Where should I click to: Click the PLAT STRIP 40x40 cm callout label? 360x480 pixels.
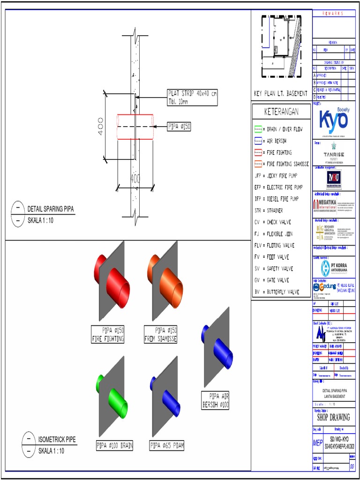(x=192, y=97)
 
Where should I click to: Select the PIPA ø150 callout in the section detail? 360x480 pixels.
(x=179, y=126)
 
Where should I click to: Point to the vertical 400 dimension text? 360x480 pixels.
(x=101, y=127)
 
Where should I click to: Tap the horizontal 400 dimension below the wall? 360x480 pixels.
(x=135, y=179)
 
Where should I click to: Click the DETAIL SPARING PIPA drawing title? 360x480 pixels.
(x=51, y=209)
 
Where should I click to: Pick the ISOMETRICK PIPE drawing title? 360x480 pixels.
(x=57, y=440)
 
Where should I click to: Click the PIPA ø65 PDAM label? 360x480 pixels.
(x=166, y=446)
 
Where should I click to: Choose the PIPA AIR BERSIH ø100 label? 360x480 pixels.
(x=215, y=400)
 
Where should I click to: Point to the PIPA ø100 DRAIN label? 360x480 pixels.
(x=114, y=446)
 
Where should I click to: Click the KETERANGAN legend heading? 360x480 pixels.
(x=281, y=112)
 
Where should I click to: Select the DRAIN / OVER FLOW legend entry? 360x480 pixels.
(x=281, y=129)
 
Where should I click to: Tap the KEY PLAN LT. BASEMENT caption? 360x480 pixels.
(x=280, y=93)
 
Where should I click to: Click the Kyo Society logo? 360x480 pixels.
(x=334, y=120)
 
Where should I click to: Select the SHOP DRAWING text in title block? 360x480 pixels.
(x=333, y=417)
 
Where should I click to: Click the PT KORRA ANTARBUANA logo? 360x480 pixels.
(x=333, y=268)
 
